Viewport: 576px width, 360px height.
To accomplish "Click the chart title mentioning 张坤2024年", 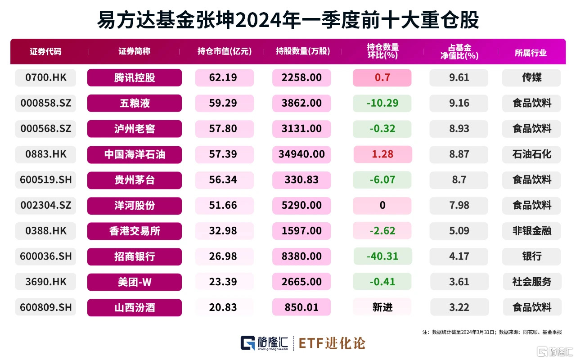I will pyautogui.click(x=288, y=20).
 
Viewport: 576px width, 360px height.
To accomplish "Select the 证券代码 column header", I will pyautogui.click(x=45, y=51).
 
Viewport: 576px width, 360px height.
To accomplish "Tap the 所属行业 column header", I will pyautogui.click(x=531, y=52).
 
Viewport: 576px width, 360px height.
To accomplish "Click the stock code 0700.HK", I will pyautogui.click(x=45, y=77).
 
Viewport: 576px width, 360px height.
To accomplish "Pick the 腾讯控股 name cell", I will pyautogui.click(x=134, y=77).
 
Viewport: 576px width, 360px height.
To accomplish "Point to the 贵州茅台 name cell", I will pyautogui.click(x=134, y=180).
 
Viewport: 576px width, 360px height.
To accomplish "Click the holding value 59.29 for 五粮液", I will pyautogui.click(x=224, y=103).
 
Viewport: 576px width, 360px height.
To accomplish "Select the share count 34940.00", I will pyautogui.click(x=301, y=154).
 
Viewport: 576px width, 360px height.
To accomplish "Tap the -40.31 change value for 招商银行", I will pyautogui.click(x=382, y=256).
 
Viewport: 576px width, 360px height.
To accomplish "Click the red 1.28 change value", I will pyautogui.click(x=382, y=154).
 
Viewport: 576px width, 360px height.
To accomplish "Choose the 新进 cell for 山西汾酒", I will pyautogui.click(x=382, y=307).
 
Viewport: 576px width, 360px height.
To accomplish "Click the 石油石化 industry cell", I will pyautogui.click(x=531, y=154).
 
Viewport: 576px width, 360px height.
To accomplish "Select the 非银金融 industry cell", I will pyautogui.click(x=531, y=231).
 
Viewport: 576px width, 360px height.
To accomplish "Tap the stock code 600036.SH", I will pyautogui.click(x=45, y=256).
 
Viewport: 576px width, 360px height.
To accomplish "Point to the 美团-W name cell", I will pyautogui.click(x=134, y=282).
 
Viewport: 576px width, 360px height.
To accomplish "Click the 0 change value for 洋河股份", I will pyautogui.click(x=382, y=206).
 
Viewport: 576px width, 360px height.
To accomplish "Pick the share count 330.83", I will pyautogui.click(x=301, y=180).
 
